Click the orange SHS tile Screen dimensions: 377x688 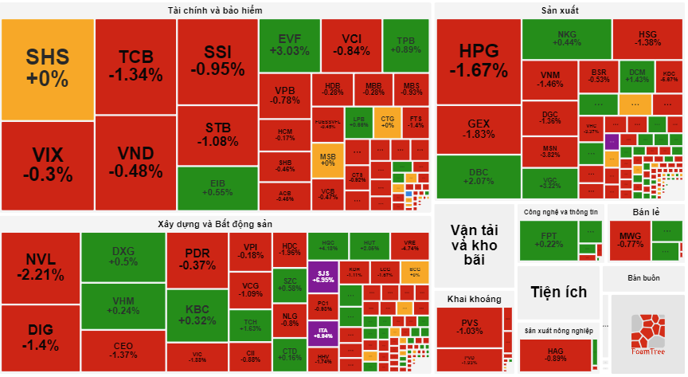pos(48,68)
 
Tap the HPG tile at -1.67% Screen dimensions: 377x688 pos(478,61)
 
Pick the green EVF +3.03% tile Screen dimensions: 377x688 pos(288,44)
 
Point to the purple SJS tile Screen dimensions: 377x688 pos(323,276)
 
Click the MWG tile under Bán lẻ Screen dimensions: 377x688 pos(631,239)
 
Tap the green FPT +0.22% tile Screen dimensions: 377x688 pos(549,240)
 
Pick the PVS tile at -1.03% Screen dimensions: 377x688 pos(470,326)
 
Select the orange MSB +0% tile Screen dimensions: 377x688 pos(328,159)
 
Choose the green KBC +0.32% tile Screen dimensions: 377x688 pos(197,314)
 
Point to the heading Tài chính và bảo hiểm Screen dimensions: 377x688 pos(215,10)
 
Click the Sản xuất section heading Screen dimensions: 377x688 pos(559,10)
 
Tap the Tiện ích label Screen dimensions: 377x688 pos(553,292)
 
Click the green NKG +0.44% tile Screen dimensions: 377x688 pos(566,37)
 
